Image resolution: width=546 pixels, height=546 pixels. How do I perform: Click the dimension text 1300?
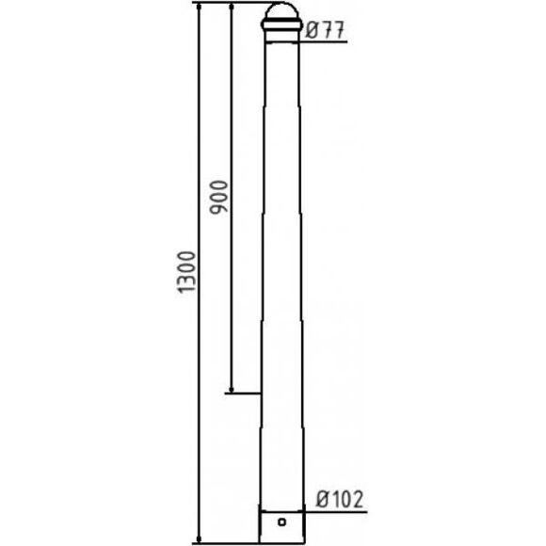pos(186,272)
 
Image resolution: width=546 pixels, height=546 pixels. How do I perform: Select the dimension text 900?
pos(218,197)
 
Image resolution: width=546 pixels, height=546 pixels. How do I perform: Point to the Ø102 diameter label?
pos(340,499)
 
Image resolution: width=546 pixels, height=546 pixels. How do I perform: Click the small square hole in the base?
pos(282,522)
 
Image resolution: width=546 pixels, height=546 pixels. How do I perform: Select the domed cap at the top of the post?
pos(281,11)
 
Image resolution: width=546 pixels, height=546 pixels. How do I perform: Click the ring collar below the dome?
pos(281,24)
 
